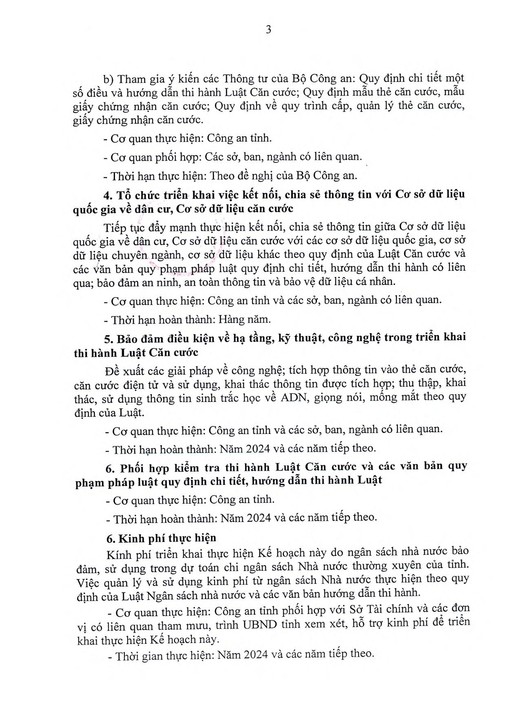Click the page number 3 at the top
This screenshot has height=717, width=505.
point(268,30)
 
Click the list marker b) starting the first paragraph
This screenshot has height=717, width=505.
point(108,79)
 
